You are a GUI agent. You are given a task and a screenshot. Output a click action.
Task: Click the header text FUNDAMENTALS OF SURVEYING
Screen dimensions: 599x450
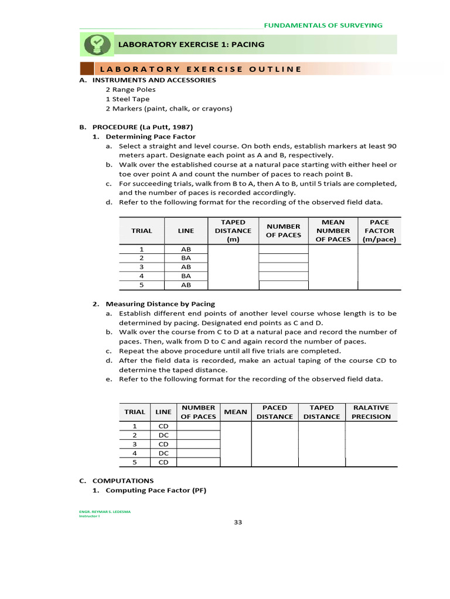pyautogui.click(x=323, y=25)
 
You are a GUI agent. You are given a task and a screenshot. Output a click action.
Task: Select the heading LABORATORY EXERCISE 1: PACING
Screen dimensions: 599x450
pyautogui.click(x=191, y=44)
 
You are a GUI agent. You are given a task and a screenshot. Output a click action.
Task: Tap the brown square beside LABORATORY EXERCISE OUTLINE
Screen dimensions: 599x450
pyautogui.click(x=86, y=68)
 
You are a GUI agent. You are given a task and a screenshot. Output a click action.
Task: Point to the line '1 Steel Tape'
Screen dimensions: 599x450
pyautogui.click(x=127, y=99)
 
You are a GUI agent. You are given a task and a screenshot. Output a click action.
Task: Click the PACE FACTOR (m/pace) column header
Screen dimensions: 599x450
pyautogui.click(x=379, y=230)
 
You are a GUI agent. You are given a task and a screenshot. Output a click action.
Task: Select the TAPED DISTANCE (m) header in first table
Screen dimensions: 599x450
pyautogui.click(x=233, y=230)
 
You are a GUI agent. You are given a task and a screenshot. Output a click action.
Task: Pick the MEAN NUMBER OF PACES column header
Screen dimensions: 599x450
pyautogui.click(x=333, y=230)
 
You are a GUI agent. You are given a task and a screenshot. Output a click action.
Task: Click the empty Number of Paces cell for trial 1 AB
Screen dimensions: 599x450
pyautogui.click(x=283, y=249)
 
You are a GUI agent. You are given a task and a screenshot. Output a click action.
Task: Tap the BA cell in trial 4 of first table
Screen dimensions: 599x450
pyautogui.click(x=186, y=276)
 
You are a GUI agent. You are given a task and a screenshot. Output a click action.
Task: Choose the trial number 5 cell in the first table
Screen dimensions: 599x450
pyautogui.click(x=141, y=285)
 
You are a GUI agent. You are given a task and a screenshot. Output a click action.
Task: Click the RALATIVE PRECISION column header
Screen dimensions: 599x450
pyautogui.click(x=371, y=412)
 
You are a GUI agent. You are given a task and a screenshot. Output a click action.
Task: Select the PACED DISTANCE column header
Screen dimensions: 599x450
pyautogui.click(x=274, y=412)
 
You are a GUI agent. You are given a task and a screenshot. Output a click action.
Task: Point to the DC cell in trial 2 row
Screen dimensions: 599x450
pyautogui.click(x=163, y=435)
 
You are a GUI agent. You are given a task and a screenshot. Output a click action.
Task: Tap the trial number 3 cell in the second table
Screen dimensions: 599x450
pyautogui.click(x=134, y=444)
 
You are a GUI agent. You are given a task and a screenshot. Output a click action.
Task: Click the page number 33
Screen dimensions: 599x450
pyautogui.click(x=238, y=522)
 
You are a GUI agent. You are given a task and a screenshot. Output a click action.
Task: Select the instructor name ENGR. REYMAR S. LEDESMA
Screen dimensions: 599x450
pyautogui.click(x=105, y=511)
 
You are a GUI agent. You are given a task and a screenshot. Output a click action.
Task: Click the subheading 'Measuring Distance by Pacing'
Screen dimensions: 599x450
pyautogui.click(x=160, y=304)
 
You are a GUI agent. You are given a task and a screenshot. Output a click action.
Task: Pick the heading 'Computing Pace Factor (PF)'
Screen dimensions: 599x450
pyautogui.click(x=156, y=490)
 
